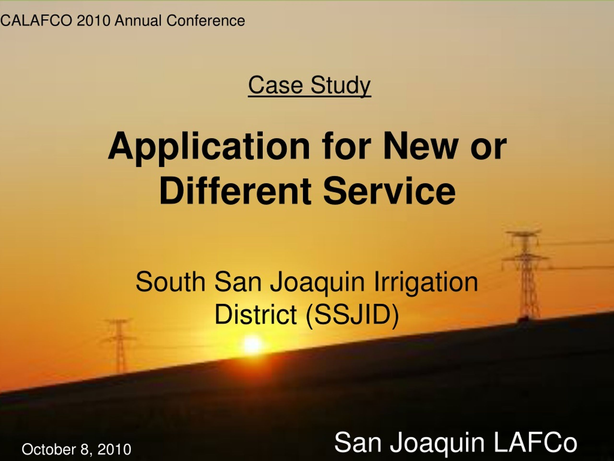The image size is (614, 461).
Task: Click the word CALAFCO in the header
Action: click(36, 21)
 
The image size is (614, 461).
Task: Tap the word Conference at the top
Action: click(206, 21)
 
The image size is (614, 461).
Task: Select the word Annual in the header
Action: click(138, 21)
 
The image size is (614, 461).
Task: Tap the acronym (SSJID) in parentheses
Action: click(352, 315)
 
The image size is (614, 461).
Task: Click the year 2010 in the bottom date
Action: click(114, 449)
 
